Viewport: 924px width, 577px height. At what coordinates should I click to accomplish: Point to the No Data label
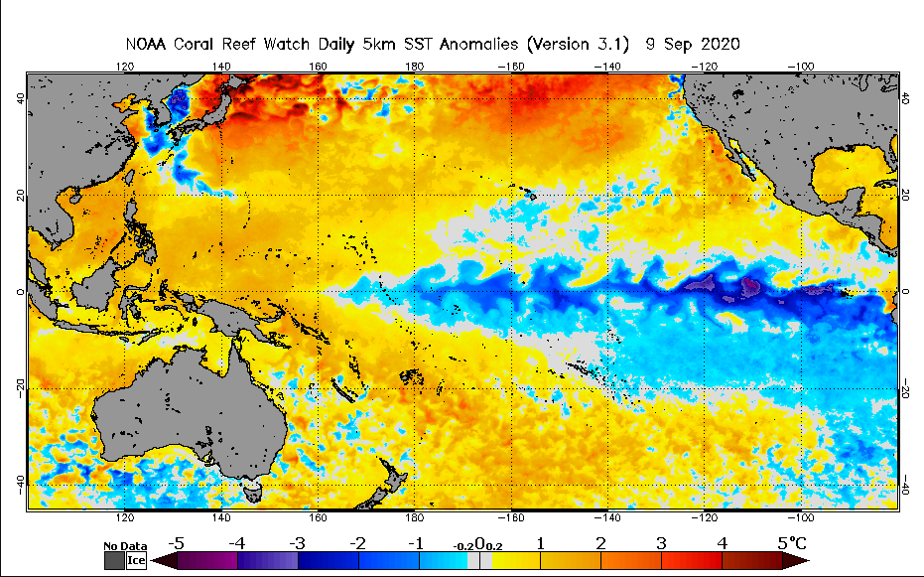(x=125, y=546)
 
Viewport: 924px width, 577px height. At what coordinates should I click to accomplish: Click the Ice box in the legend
(x=136, y=560)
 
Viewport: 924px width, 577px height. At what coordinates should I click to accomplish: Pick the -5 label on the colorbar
(x=176, y=543)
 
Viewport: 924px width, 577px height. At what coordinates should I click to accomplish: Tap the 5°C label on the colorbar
(x=792, y=543)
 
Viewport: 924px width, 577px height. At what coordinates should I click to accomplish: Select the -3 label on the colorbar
(x=297, y=543)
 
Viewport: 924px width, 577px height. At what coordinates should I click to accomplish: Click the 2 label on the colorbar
(x=600, y=543)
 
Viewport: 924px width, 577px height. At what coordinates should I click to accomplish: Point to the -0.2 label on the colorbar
(x=462, y=546)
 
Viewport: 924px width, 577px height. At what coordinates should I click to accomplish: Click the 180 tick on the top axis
(x=415, y=67)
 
